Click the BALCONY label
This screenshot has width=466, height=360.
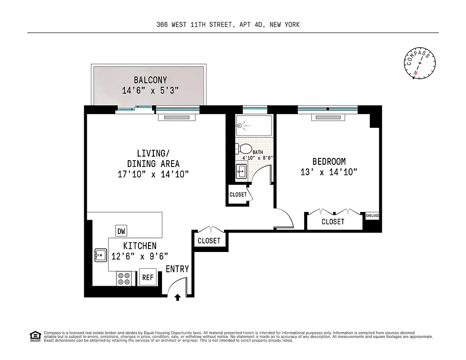pos(150,80)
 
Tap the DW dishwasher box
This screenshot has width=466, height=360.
pos(121,231)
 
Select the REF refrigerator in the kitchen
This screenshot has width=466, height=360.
pos(148,277)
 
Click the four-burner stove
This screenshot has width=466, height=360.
pos(125,279)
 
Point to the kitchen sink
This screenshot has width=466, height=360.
pos(100,256)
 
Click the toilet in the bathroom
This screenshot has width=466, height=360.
pos(243,148)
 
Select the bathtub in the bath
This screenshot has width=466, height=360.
pos(254,126)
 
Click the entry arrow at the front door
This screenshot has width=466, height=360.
pos(178,297)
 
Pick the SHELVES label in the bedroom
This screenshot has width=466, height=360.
pos(372,216)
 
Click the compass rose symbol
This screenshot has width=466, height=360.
pos(420,63)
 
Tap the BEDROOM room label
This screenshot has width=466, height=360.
pos(329,162)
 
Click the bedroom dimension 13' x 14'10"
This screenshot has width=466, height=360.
pos(329,172)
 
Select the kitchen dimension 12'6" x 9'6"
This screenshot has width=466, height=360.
pos(140,256)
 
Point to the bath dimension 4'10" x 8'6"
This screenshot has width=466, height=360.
pos(258,158)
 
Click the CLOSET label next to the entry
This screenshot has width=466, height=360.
pos(209,241)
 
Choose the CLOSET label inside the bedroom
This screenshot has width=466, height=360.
pos(333,221)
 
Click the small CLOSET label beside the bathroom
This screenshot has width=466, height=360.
pos(238,194)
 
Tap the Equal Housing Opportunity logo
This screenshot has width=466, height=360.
pos(35,336)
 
